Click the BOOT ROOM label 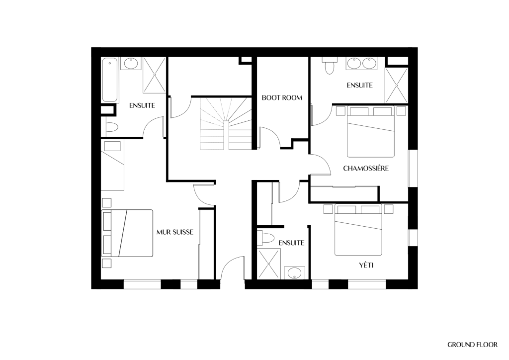pos(282,98)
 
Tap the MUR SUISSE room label pos(174,232)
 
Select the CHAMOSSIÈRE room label pos(366,168)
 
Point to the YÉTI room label pos(366,265)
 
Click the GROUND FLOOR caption pos(472,345)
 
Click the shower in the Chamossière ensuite pos(396,86)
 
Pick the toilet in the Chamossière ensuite pos(329,66)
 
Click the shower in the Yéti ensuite pos(269,264)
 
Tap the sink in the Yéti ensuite pos(294,272)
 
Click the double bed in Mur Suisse pos(127,233)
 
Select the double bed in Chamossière pos(371,132)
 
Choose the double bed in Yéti pos(358,230)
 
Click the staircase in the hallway pos(226,123)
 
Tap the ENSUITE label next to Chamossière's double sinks pos(359,86)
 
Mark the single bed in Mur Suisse pos(113,165)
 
